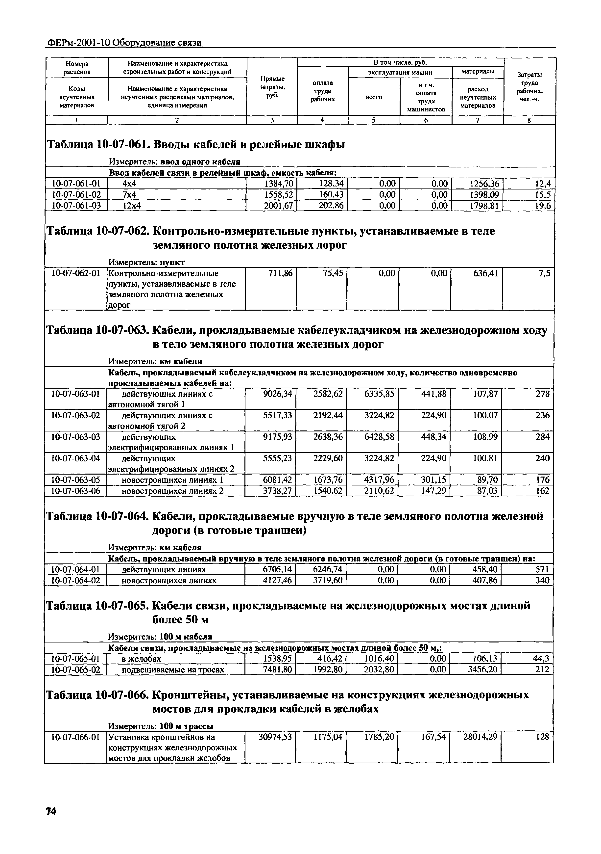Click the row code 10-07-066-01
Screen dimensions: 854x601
tap(76, 736)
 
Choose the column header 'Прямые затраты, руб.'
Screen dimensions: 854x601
tap(272, 87)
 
